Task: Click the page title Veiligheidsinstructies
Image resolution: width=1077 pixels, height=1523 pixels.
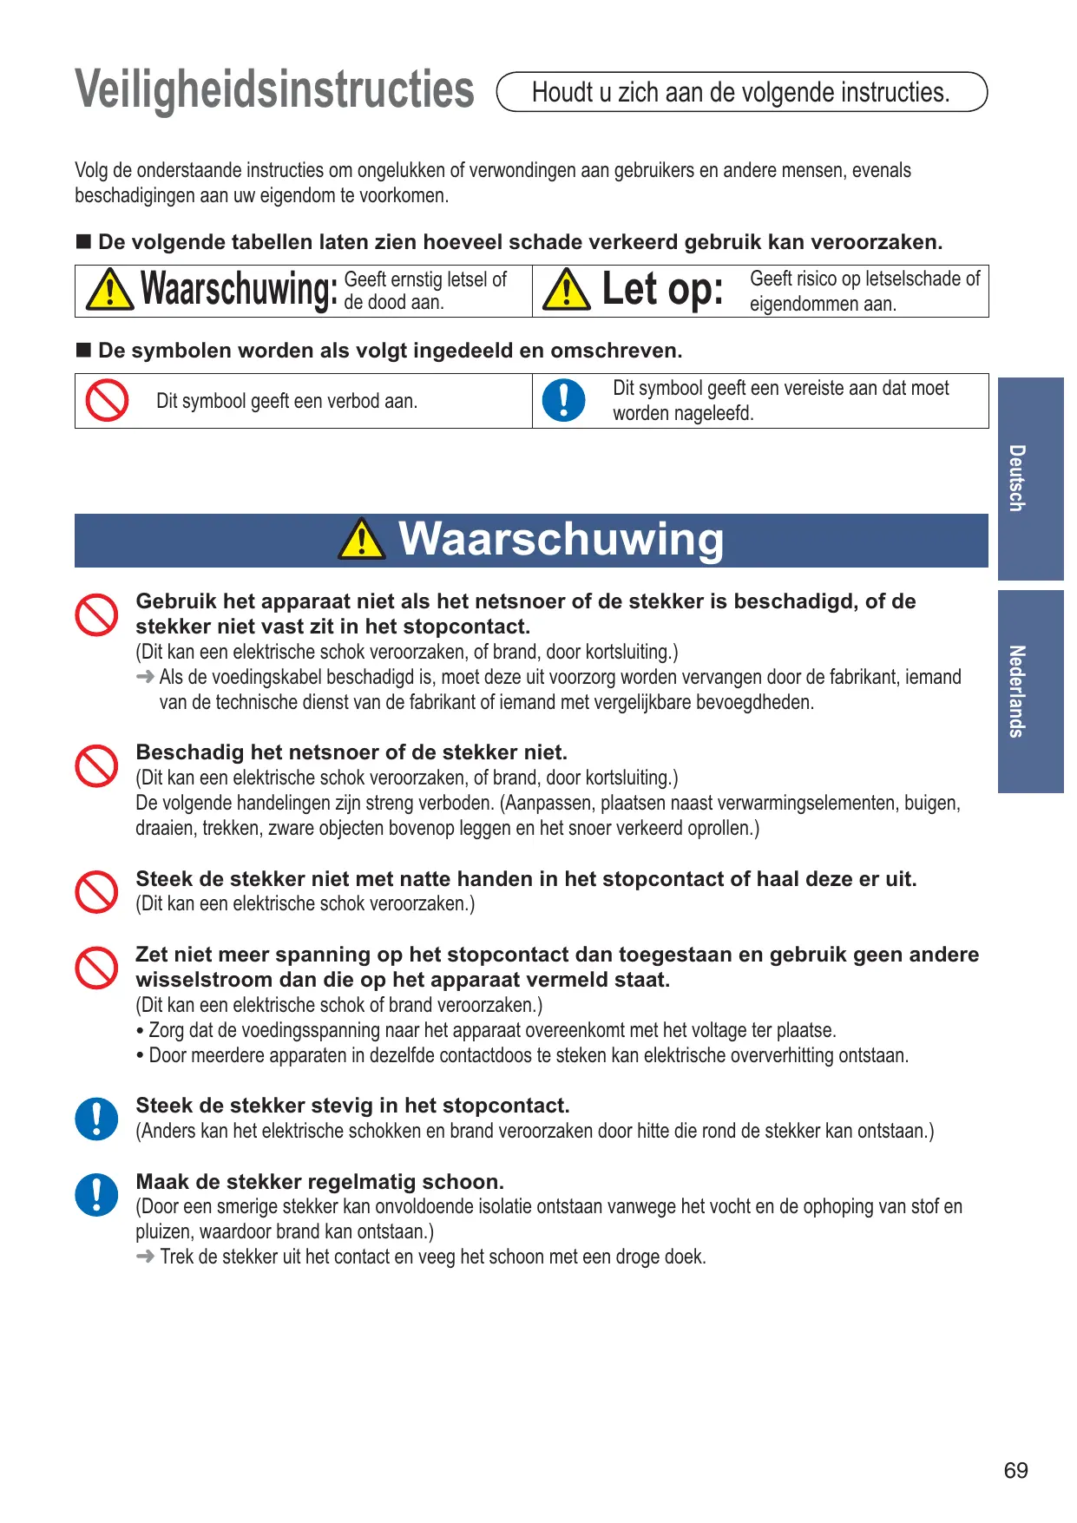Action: click(274, 90)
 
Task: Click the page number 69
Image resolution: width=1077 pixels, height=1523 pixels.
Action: click(1015, 1470)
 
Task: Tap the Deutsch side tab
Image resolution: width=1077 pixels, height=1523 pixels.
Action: click(1030, 478)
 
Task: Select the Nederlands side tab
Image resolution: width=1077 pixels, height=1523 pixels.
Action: click(1030, 691)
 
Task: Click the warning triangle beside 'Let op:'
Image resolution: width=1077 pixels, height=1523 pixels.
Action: click(566, 290)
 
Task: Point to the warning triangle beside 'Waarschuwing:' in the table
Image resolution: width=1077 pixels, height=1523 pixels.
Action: click(110, 290)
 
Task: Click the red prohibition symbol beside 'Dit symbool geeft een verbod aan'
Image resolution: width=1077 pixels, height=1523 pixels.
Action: click(108, 401)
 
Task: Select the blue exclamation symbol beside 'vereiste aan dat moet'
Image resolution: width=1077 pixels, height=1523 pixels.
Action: click(563, 401)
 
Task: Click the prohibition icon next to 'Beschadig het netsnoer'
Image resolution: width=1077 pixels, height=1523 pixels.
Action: click(96, 766)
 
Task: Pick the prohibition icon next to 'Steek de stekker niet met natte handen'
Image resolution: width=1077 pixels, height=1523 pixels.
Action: click(96, 892)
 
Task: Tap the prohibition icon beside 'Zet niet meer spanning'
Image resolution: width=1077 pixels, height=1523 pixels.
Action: click(96, 968)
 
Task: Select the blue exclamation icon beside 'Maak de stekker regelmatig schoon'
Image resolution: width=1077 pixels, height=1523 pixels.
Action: click(96, 1194)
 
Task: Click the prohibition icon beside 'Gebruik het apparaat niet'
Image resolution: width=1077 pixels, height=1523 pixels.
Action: click(96, 615)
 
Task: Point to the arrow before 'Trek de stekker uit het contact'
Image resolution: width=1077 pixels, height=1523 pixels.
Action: click(146, 1257)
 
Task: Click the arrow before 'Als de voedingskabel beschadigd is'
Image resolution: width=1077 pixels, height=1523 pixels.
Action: click(146, 677)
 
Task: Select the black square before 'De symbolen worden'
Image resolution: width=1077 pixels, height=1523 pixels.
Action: click(83, 351)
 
